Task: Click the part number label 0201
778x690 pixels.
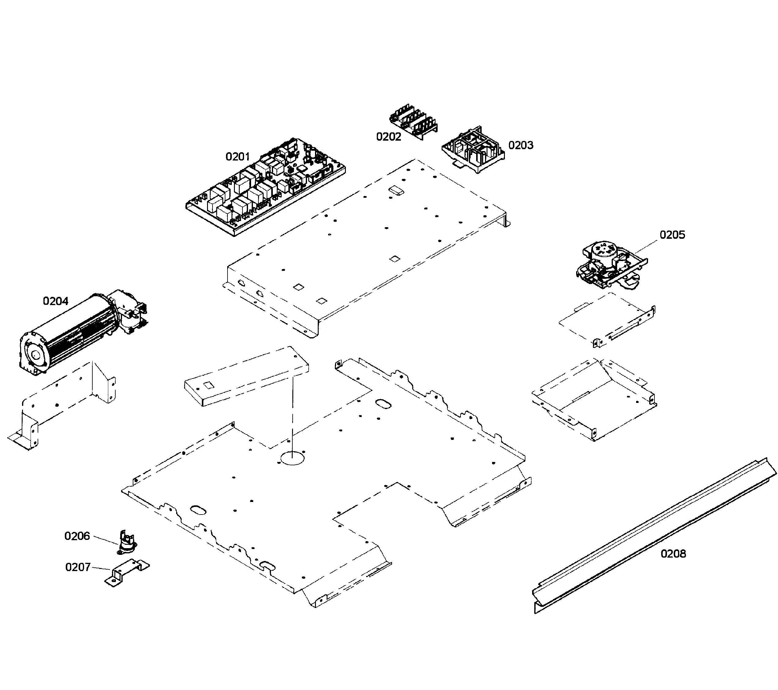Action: click(x=238, y=157)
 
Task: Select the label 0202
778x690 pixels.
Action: click(x=388, y=137)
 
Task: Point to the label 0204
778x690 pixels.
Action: click(x=56, y=301)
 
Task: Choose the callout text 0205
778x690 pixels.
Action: click(x=672, y=235)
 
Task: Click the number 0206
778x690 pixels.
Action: click(x=77, y=536)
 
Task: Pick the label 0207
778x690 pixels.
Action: click(x=78, y=567)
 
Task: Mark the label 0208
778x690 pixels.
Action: click(x=673, y=554)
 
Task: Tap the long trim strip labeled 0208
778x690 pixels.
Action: click(x=655, y=537)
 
